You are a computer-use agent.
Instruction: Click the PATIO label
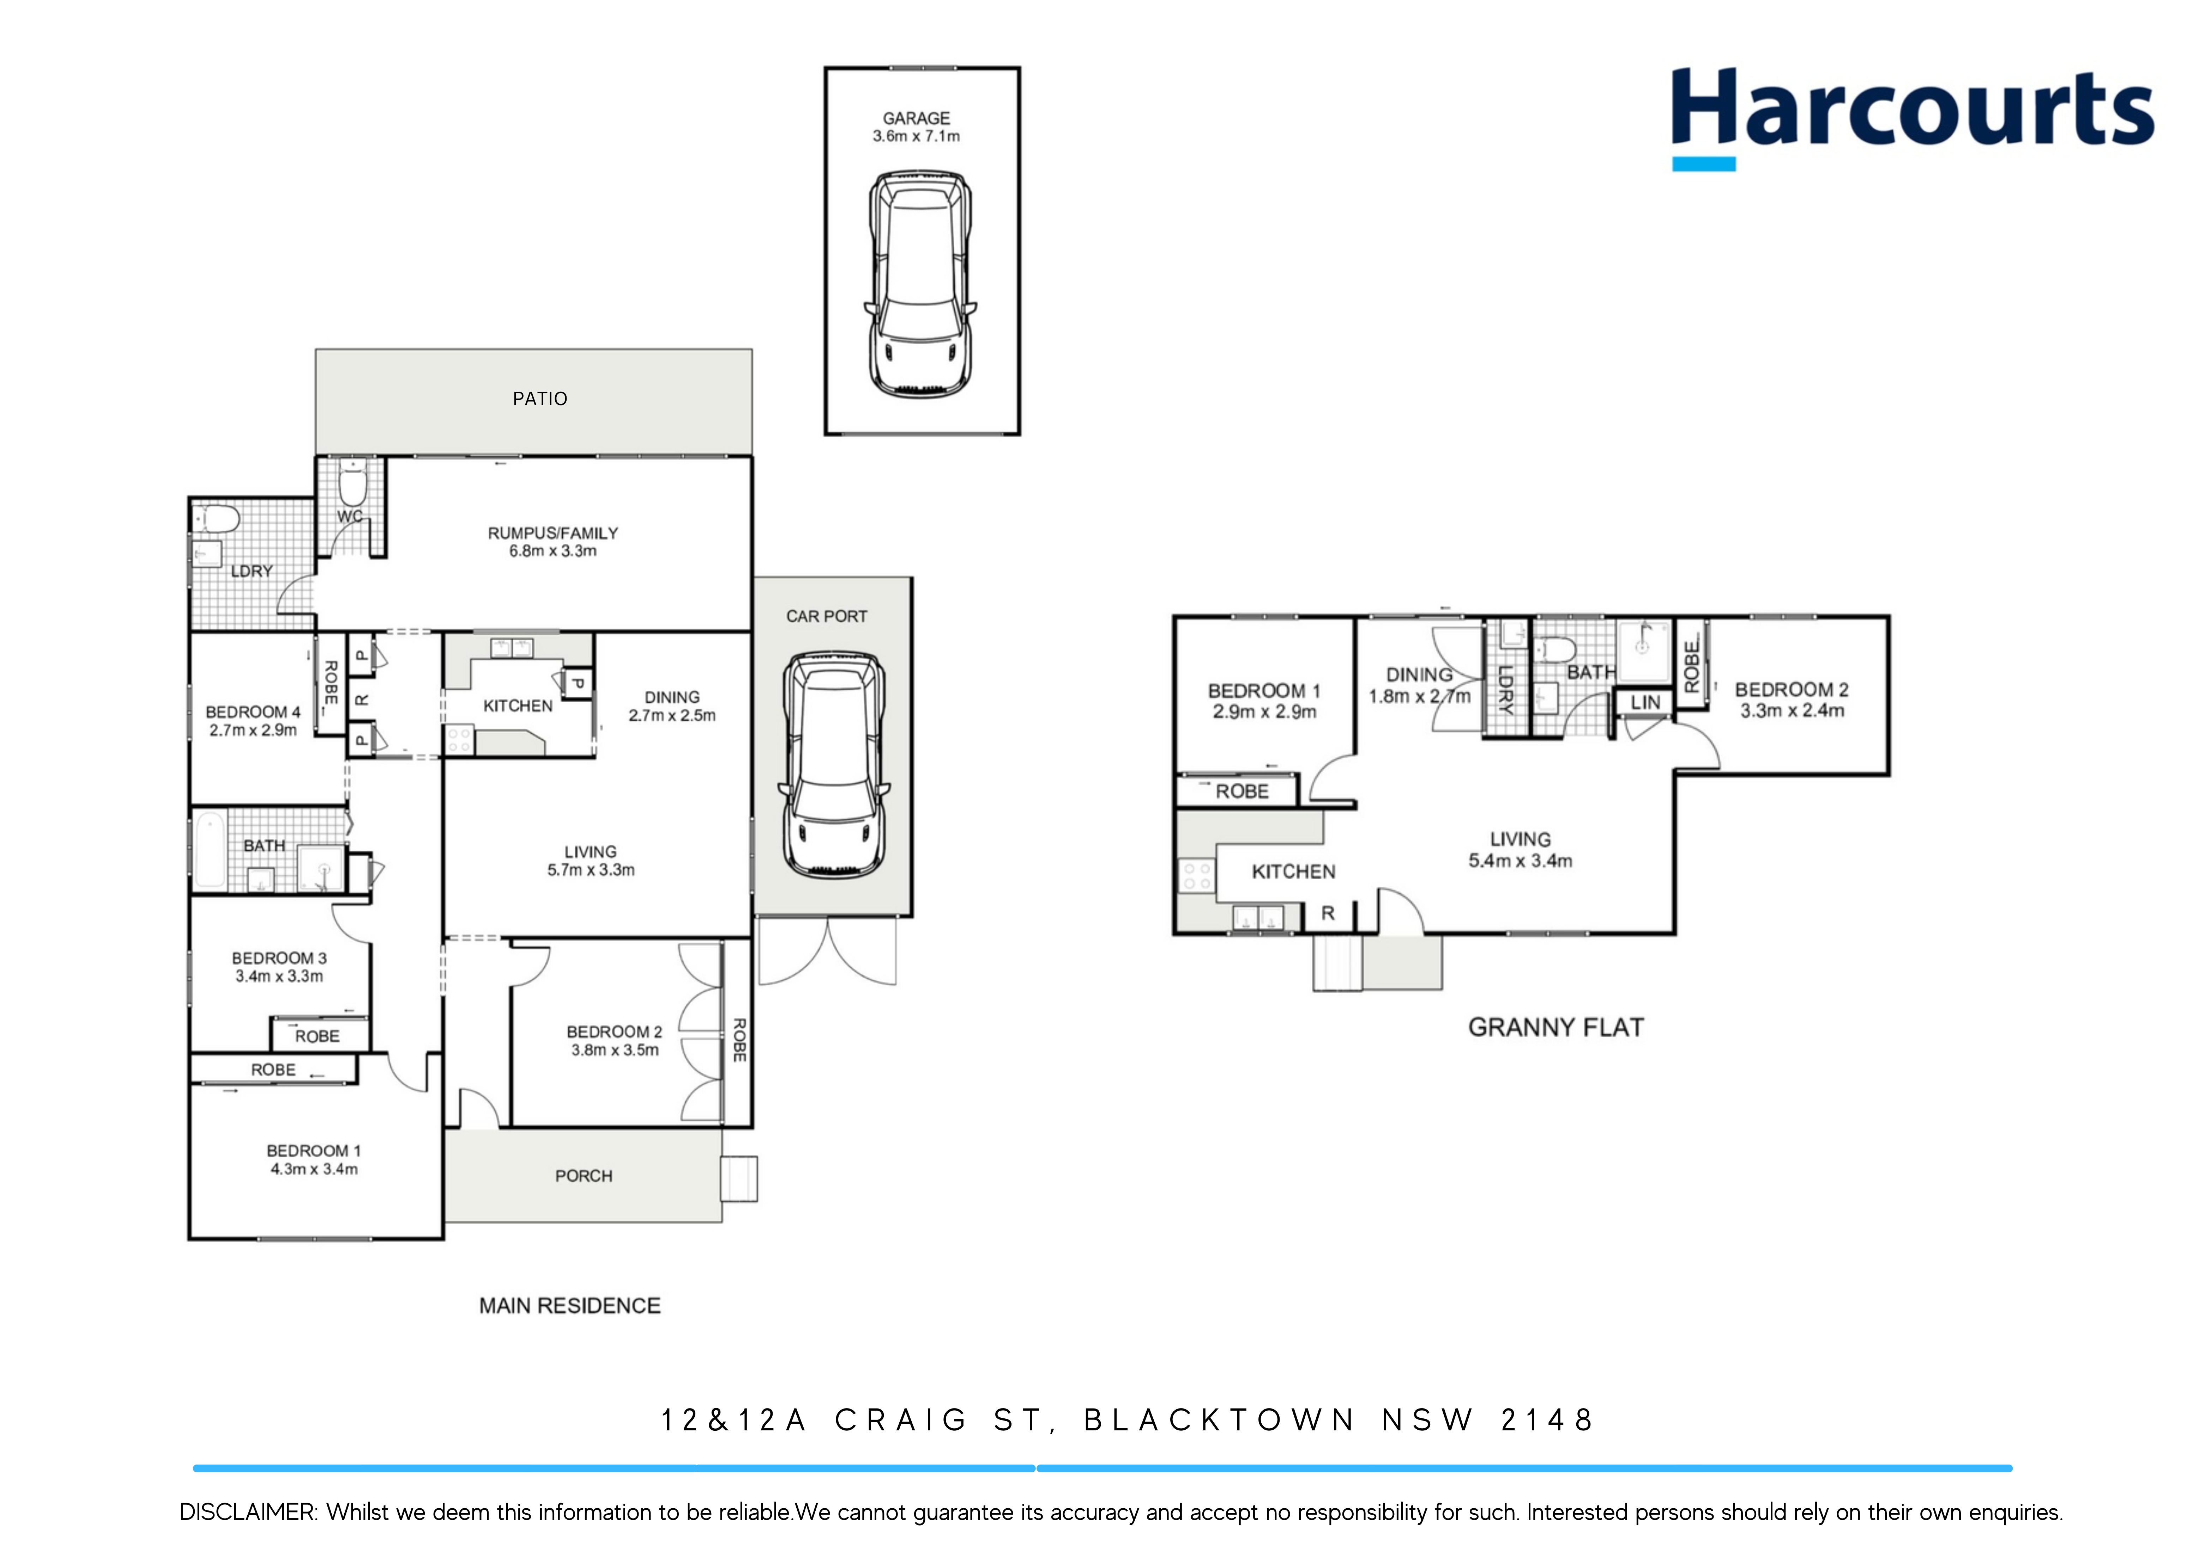click(x=540, y=398)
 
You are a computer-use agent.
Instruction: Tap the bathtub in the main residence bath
click(x=209, y=850)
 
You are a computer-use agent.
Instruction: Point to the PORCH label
click(x=583, y=1176)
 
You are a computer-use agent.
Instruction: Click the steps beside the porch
click(x=738, y=1179)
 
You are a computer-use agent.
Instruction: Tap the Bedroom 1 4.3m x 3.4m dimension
click(x=314, y=1169)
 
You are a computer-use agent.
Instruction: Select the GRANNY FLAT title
click(x=1555, y=1027)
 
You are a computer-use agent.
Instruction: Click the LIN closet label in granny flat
click(x=1645, y=703)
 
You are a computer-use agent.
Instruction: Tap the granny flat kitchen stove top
click(x=1197, y=875)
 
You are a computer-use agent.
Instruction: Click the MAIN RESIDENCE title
click(x=569, y=1306)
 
